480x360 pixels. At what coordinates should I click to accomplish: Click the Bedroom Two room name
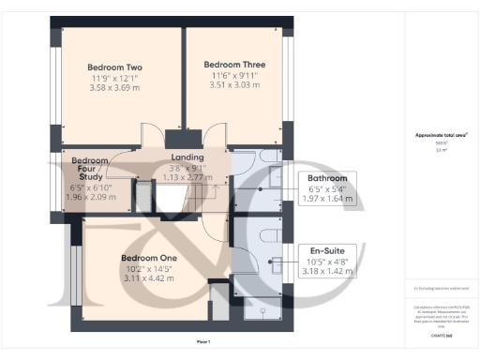click(x=114, y=67)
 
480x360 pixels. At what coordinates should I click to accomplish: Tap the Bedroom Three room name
click(x=234, y=65)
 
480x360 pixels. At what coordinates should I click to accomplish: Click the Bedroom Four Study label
click(x=90, y=167)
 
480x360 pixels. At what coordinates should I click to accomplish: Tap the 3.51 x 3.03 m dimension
click(x=234, y=85)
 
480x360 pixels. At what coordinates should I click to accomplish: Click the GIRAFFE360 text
click(x=441, y=333)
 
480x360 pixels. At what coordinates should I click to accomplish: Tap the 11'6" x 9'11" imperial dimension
click(x=234, y=75)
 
